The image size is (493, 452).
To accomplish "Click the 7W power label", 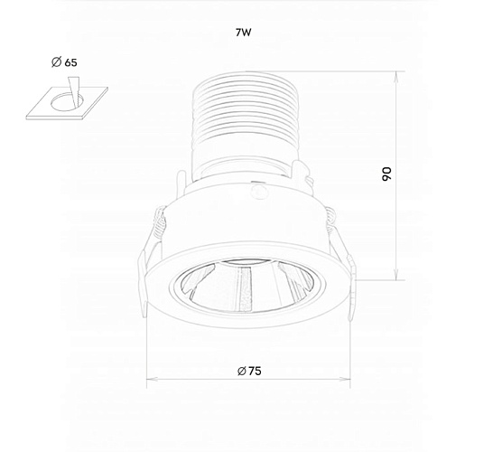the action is [x=244, y=33].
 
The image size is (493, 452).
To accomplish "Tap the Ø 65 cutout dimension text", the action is [x=64, y=62].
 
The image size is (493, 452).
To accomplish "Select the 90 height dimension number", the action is [x=386, y=174].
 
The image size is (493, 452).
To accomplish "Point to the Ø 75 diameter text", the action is [x=249, y=372].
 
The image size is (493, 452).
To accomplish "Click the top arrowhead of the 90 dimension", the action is [x=396, y=76].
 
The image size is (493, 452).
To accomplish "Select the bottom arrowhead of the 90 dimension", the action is [x=396, y=276].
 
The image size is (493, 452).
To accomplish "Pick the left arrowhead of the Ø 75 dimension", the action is [x=151, y=379].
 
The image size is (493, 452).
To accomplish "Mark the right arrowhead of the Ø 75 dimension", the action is [x=346, y=379].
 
